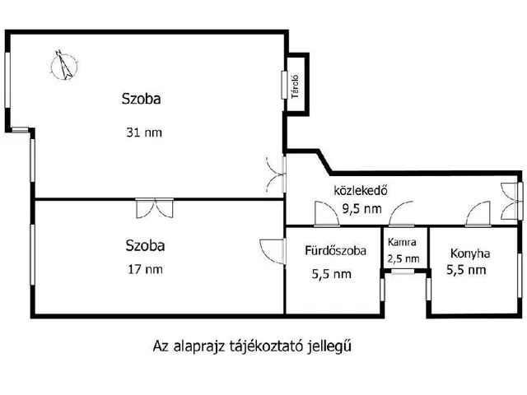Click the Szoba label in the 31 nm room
tap(142, 100)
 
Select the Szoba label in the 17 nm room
tap(145, 245)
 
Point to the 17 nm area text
tap(145, 268)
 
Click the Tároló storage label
tap(294, 85)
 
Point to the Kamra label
tap(403, 243)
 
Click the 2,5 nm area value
tap(403, 258)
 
